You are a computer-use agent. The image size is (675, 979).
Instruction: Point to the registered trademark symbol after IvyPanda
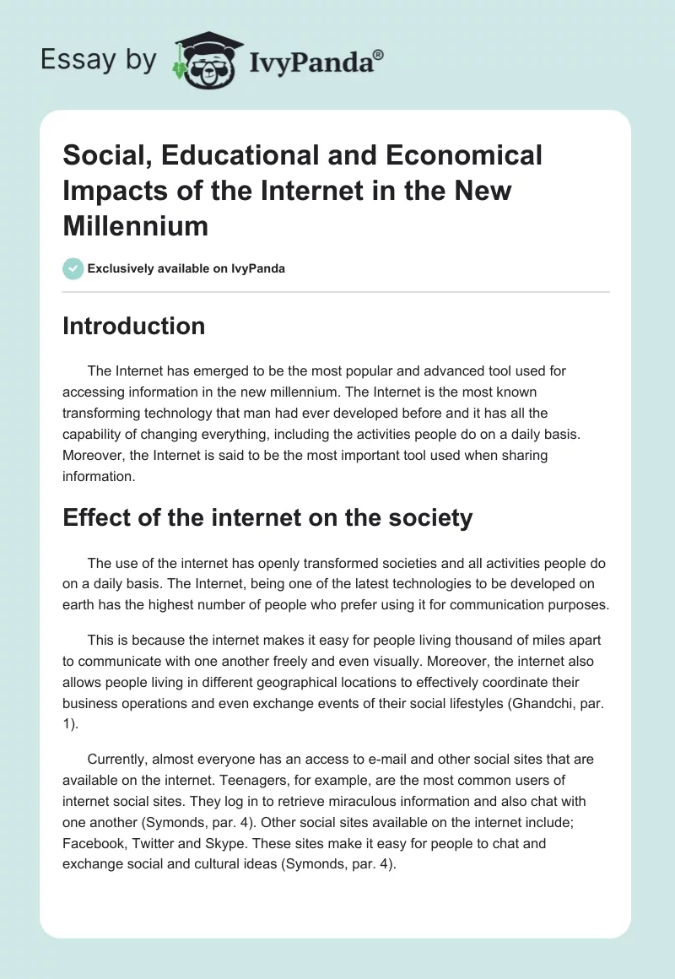coord(379,55)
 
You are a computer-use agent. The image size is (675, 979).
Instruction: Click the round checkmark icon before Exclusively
coord(73,268)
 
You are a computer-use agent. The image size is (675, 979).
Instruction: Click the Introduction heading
coord(133,327)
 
